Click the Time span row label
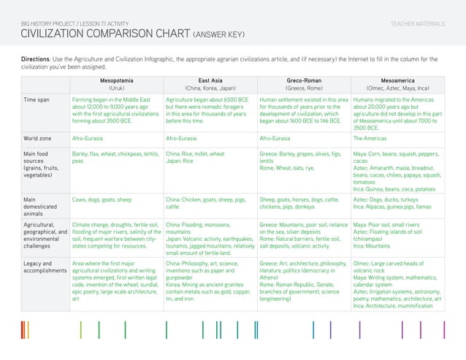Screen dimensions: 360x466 38,98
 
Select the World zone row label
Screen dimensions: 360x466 41,137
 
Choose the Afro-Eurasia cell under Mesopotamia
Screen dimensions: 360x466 90,137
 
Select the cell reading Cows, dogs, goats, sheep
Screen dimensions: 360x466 102,198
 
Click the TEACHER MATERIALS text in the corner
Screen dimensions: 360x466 418,24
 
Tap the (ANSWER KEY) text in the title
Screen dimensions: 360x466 224,35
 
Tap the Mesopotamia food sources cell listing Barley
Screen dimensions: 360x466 113,158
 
